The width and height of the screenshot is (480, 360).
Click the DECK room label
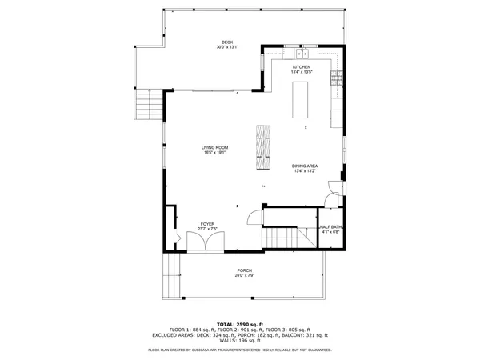[x=226, y=42]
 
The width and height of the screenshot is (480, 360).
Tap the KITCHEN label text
[x=302, y=67]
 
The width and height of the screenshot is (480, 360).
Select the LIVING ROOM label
[x=214, y=147]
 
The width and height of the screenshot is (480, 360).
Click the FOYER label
[x=207, y=224]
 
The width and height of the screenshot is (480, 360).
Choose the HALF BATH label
[x=330, y=227]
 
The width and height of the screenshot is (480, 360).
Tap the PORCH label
[x=244, y=270]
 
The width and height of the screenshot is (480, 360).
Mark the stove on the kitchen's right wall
[x=339, y=78]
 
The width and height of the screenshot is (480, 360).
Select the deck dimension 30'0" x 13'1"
[x=226, y=47]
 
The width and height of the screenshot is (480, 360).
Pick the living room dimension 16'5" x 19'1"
[x=214, y=153]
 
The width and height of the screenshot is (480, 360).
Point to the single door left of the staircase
[x=254, y=217]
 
